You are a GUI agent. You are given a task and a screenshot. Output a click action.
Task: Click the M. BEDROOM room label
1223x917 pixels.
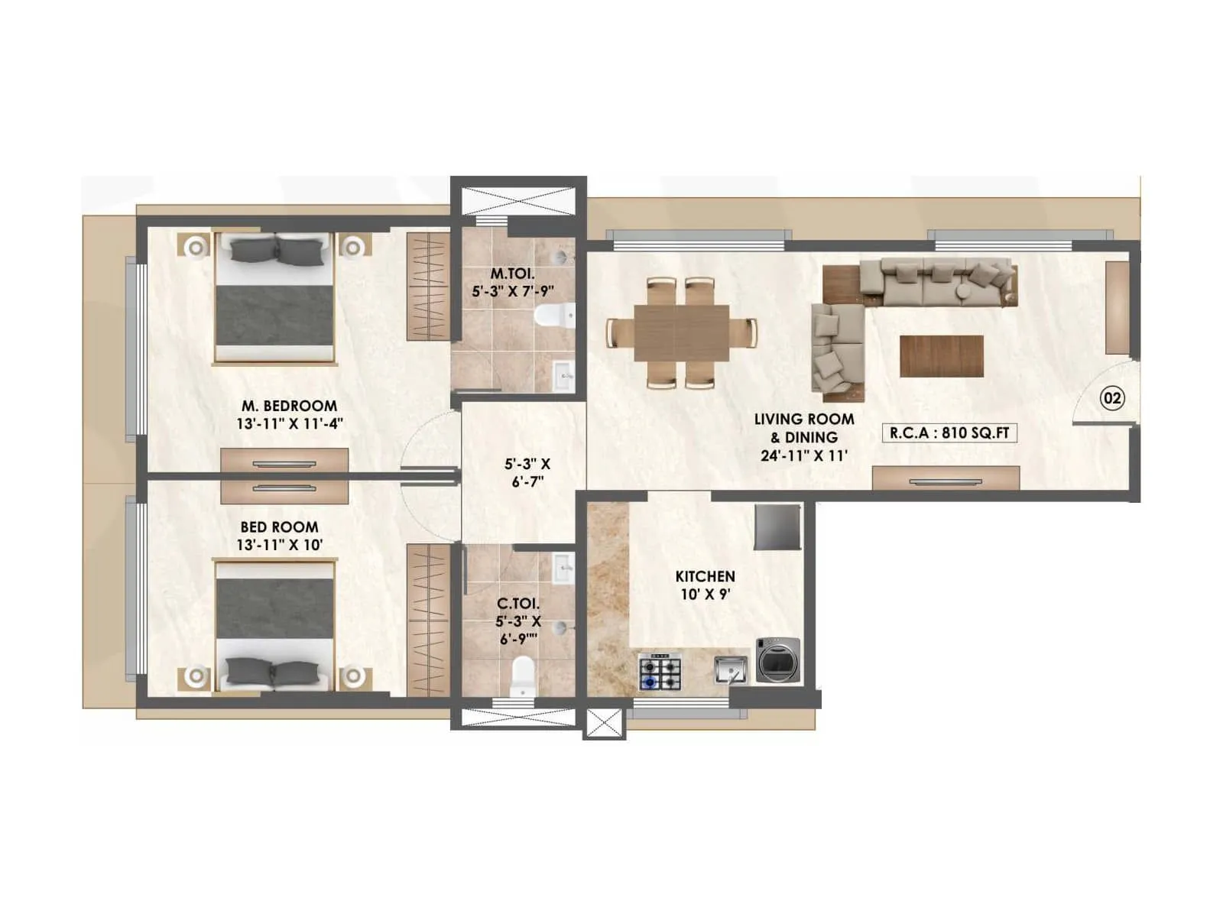[289, 406]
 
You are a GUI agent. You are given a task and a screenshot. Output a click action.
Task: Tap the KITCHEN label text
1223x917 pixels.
[705, 576]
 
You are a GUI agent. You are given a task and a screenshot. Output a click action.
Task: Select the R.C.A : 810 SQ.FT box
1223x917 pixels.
[949, 433]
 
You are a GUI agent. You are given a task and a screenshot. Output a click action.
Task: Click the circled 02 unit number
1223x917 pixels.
[1112, 398]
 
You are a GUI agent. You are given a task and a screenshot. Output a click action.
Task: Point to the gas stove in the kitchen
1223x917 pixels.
[660, 672]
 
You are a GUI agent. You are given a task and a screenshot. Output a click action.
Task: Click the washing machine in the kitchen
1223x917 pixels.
[778, 659]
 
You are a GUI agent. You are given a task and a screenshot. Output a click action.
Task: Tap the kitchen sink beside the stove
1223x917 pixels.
[731, 671]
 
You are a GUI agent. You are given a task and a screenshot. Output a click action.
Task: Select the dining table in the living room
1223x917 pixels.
[681, 332]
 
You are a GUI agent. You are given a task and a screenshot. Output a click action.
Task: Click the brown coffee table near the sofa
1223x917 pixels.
[941, 356]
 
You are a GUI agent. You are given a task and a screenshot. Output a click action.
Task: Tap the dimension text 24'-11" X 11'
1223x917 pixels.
[803, 456]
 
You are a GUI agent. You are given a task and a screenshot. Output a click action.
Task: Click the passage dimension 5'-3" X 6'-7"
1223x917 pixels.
[527, 473]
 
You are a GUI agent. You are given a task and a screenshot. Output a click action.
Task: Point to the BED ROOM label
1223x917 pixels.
[279, 527]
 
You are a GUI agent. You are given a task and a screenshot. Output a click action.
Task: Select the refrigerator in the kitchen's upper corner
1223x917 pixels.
[777, 527]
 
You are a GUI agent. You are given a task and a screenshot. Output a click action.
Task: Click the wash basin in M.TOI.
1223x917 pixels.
[563, 374]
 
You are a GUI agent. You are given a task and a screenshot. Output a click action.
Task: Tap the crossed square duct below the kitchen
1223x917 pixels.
[605, 723]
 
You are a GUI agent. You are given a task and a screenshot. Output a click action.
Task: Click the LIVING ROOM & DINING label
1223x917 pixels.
[804, 428]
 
